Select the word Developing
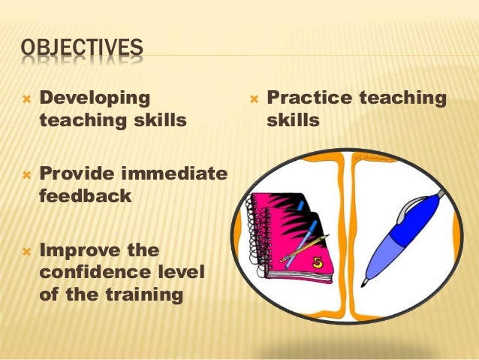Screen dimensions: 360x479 click(x=94, y=97)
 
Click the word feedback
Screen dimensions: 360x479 click(x=85, y=196)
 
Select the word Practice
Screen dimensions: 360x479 click(x=309, y=98)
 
